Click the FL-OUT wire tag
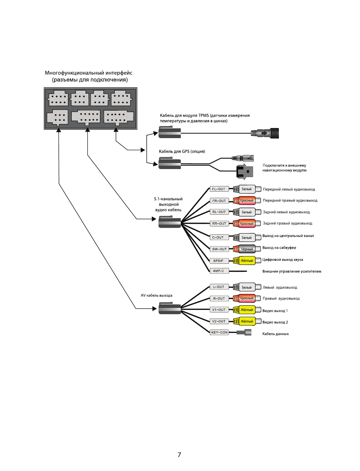point(218,189)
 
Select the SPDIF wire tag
point(218,261)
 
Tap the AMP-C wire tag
point(218,271)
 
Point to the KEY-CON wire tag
point(219,332)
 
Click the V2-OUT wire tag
point(219,322)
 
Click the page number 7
point(179,455)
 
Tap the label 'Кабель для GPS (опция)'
point(182,151)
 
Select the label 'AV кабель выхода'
point(156,296)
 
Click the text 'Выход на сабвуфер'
point(279,248)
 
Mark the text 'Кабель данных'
point(275,334)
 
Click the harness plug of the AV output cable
point(169,308)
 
